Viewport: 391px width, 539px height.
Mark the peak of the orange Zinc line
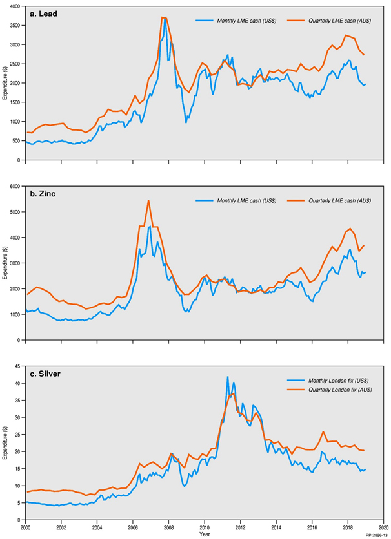click(x=148, y=200)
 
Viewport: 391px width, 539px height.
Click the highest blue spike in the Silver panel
click(x=227, y=377)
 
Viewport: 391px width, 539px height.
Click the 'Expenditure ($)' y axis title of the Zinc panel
click(x=6, y=263)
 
